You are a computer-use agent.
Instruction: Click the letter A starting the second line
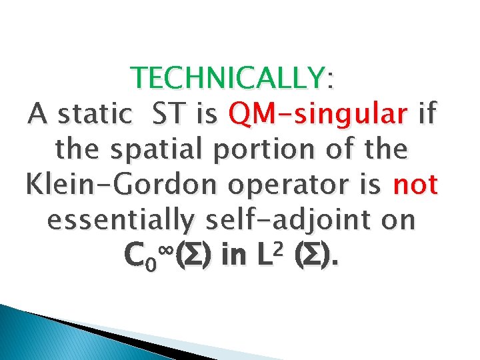coord(37,116)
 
